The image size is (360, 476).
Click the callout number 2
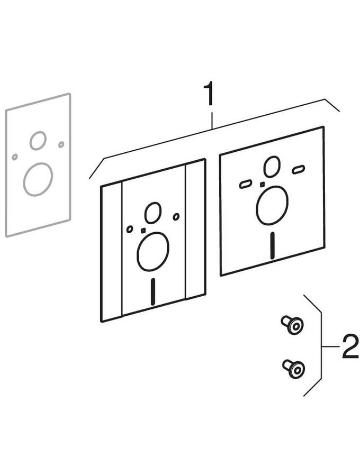(x=349, y=346)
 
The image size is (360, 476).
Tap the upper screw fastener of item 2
(x=292, y=325)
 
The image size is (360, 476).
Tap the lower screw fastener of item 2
(x=293, y=368)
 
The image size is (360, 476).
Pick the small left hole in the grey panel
(x=15, y=157)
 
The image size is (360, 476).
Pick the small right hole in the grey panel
(x=61, y=144)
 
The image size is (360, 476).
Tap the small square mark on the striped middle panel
(x=143, y=231)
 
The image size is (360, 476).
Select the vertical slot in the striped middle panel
(x=153, y=291)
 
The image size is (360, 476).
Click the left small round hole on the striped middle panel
(x=130, y=229)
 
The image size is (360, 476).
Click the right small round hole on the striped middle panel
(x=176, y=217)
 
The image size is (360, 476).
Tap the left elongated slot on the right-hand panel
(x=245, y=184)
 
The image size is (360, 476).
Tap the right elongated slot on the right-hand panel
(x=299, y=169)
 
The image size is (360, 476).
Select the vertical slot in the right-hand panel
(x=273, y=245)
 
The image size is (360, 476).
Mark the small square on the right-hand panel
(x=262, y=184)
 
